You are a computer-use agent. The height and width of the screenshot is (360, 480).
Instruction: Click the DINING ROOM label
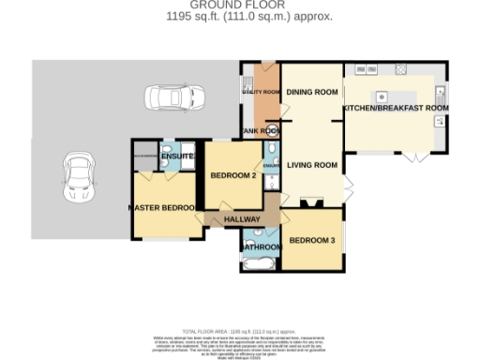pyautogui.click(x=311, y=92)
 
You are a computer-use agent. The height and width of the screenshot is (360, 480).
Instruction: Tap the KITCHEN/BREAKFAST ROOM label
pyautogui.click(x=396, y=109)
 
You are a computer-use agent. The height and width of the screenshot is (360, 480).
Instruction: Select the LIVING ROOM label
pyautogui.click(x=311, y=166)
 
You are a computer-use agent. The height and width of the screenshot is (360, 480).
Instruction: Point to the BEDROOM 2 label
pyautogui.click(x=232, y=175)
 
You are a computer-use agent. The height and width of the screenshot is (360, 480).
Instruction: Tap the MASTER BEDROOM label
pyautogui.click(x=162, y=207)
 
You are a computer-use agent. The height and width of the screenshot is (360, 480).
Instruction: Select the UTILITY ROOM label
pyautogui.click(x=262, y=92)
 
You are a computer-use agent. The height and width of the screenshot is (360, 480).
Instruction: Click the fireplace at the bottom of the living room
pyautogui.click(x=311, y=201)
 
